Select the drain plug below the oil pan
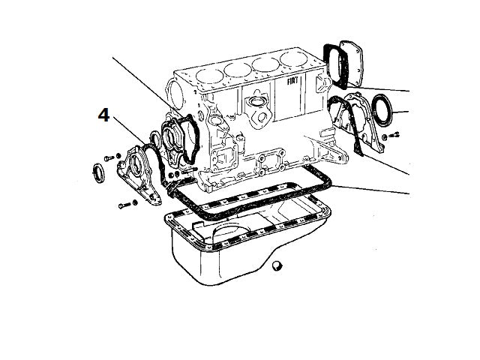[x=278, y=265]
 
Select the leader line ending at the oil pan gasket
[x=375, y=191]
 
